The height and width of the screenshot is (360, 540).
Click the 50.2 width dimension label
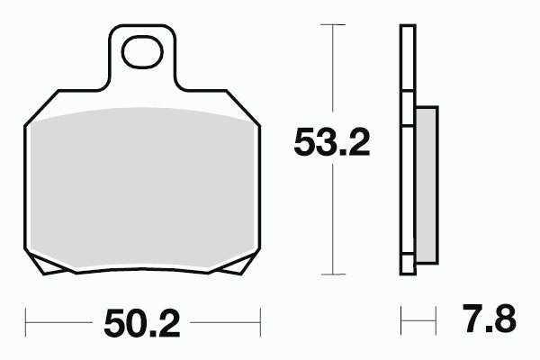142,323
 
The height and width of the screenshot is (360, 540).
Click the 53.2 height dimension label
332,142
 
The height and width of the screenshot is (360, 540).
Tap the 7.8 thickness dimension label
490,319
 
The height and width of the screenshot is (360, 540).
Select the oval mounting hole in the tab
142,51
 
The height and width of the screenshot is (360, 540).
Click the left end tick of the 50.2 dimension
25,322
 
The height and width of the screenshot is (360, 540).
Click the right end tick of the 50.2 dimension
260,322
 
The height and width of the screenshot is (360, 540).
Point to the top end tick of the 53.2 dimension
333,24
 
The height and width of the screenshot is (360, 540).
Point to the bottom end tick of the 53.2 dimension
333,274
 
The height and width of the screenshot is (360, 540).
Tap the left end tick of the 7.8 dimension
401,320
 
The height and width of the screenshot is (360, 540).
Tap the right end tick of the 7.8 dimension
436,320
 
